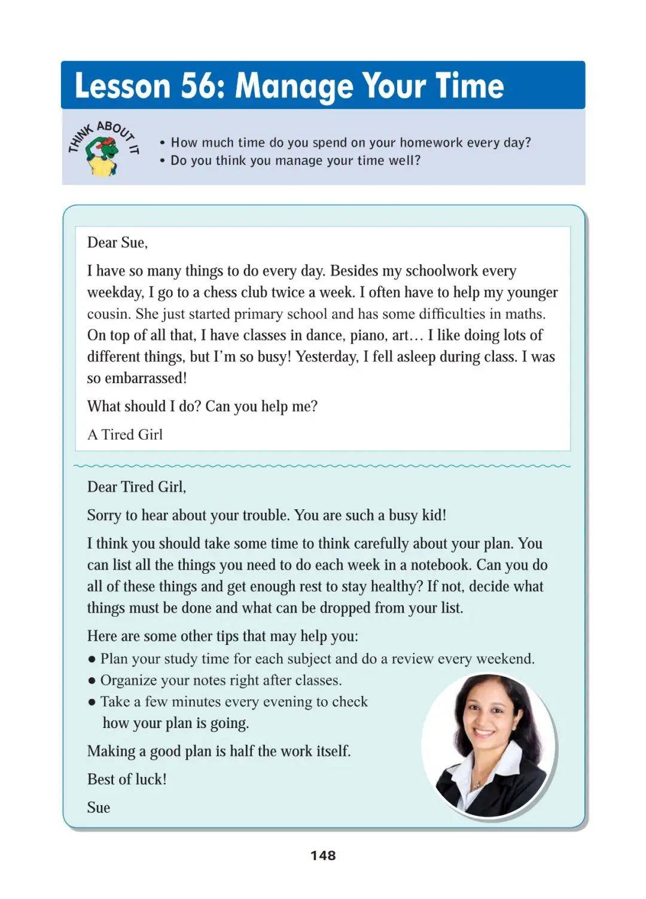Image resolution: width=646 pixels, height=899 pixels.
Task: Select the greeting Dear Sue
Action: click(x=117, y=243)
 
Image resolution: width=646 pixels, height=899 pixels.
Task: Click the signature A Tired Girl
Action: click(x=125, y=435)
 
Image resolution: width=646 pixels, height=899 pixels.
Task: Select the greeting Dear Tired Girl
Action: click(x=136, y=487)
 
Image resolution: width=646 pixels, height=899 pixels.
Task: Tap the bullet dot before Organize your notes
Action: click(x=92, y=681)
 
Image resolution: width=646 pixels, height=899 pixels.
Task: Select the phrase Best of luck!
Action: click(x=127, y=779)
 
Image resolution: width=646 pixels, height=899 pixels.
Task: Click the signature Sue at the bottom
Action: click(x=99, y=808)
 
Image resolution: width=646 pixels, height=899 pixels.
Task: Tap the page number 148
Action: click(x=323, y=855)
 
